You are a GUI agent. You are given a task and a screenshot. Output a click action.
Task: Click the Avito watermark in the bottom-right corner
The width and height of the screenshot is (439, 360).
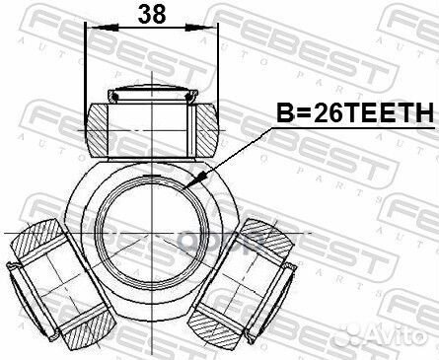coord(399,341)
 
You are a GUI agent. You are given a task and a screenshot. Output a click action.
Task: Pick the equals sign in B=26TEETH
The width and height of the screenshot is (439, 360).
coord(291,114)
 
